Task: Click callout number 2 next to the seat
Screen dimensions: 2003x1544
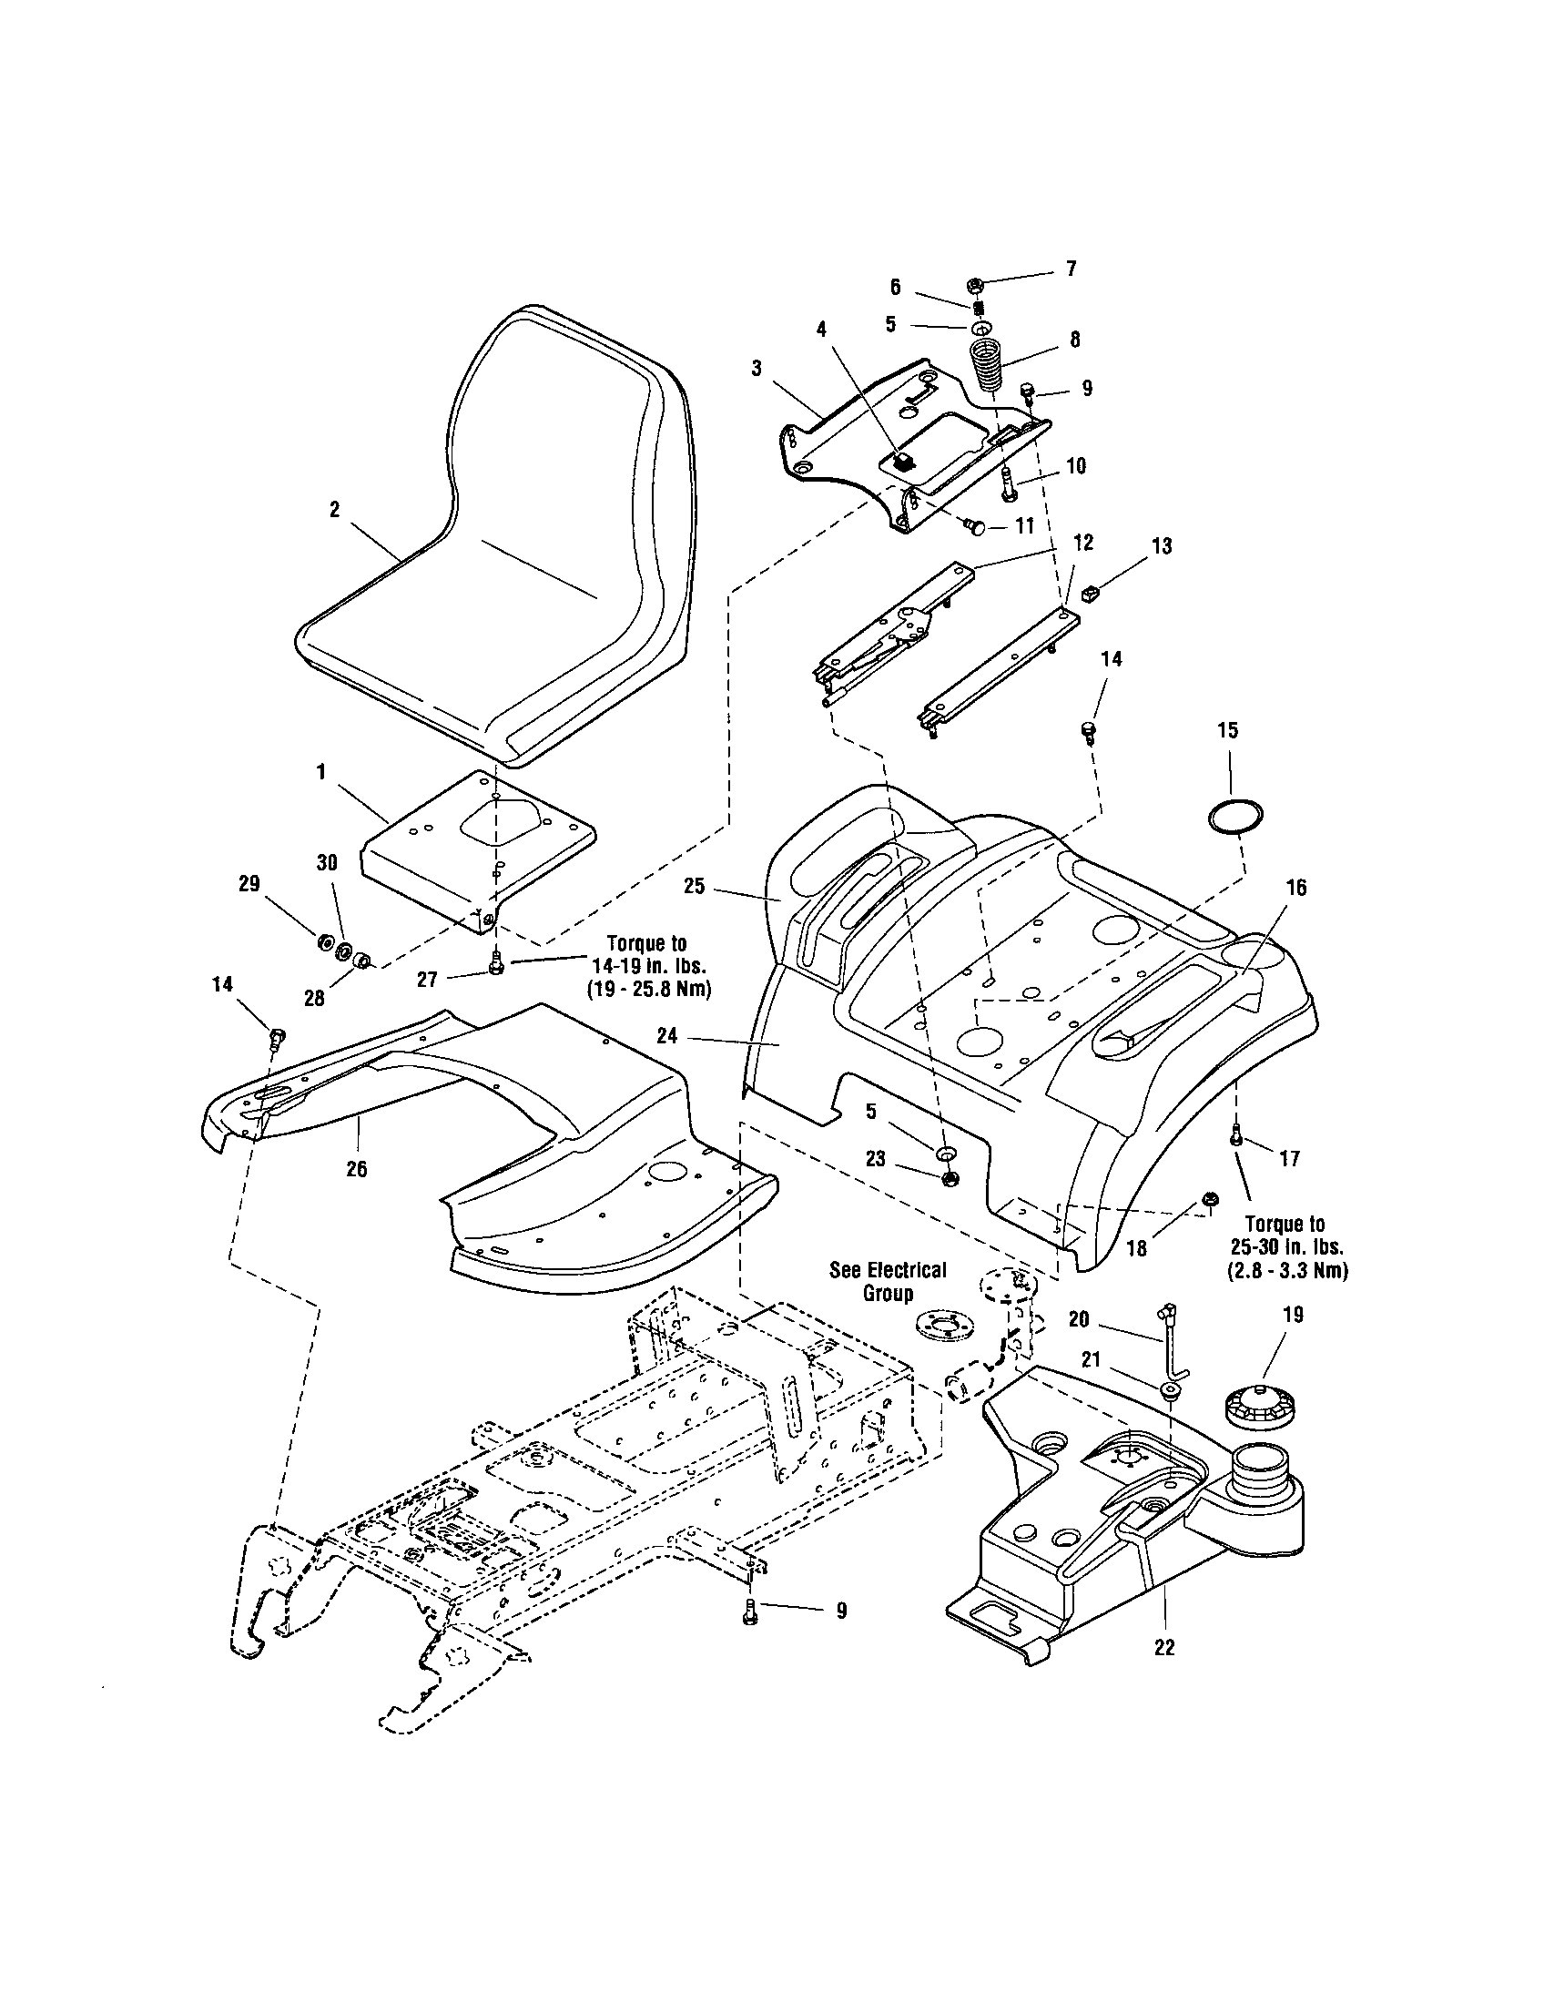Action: tap(335, 510)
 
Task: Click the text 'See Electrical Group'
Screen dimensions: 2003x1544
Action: tap(887, 1281)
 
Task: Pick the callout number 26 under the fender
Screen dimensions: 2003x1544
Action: tap(357, 1168)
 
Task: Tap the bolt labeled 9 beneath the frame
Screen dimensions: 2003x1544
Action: tap(750, 1611)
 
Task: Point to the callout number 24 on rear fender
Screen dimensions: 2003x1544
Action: tap(667, 1035)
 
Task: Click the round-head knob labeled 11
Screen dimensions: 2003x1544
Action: tap(976, 526)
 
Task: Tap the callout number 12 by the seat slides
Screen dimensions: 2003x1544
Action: tap(1082, 542)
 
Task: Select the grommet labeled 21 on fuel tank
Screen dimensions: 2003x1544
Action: tap(1171, 1391)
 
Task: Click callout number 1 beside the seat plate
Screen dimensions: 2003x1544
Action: tap(320, 772)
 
